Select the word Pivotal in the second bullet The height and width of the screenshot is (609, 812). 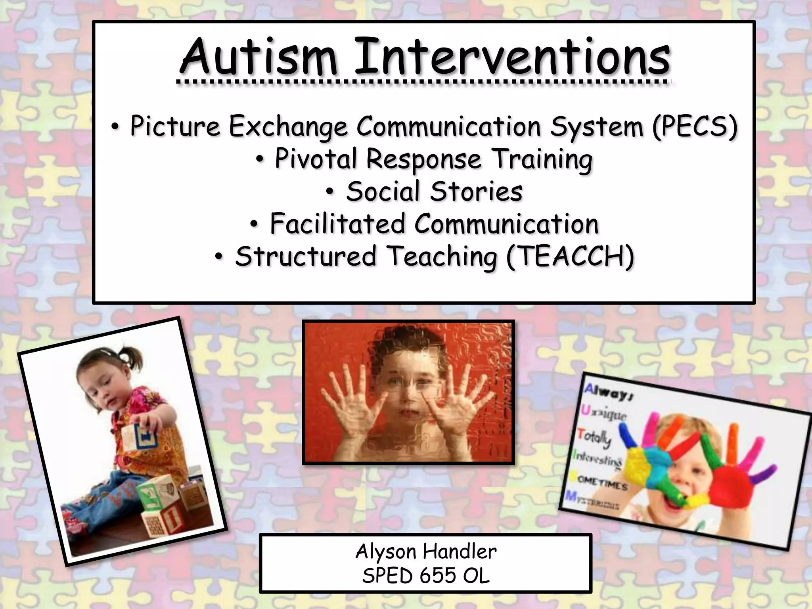pyautogui.click(x=317, y=159)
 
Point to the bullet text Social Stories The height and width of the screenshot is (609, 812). pyautogui.click(x=434, y=192)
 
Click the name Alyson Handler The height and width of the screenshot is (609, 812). pyautogui.click(x=426, y=552)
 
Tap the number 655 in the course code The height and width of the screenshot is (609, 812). pyautogui.click(x=438, y=575)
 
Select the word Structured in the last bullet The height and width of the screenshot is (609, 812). pyautogui.click(x=305, y=257)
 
